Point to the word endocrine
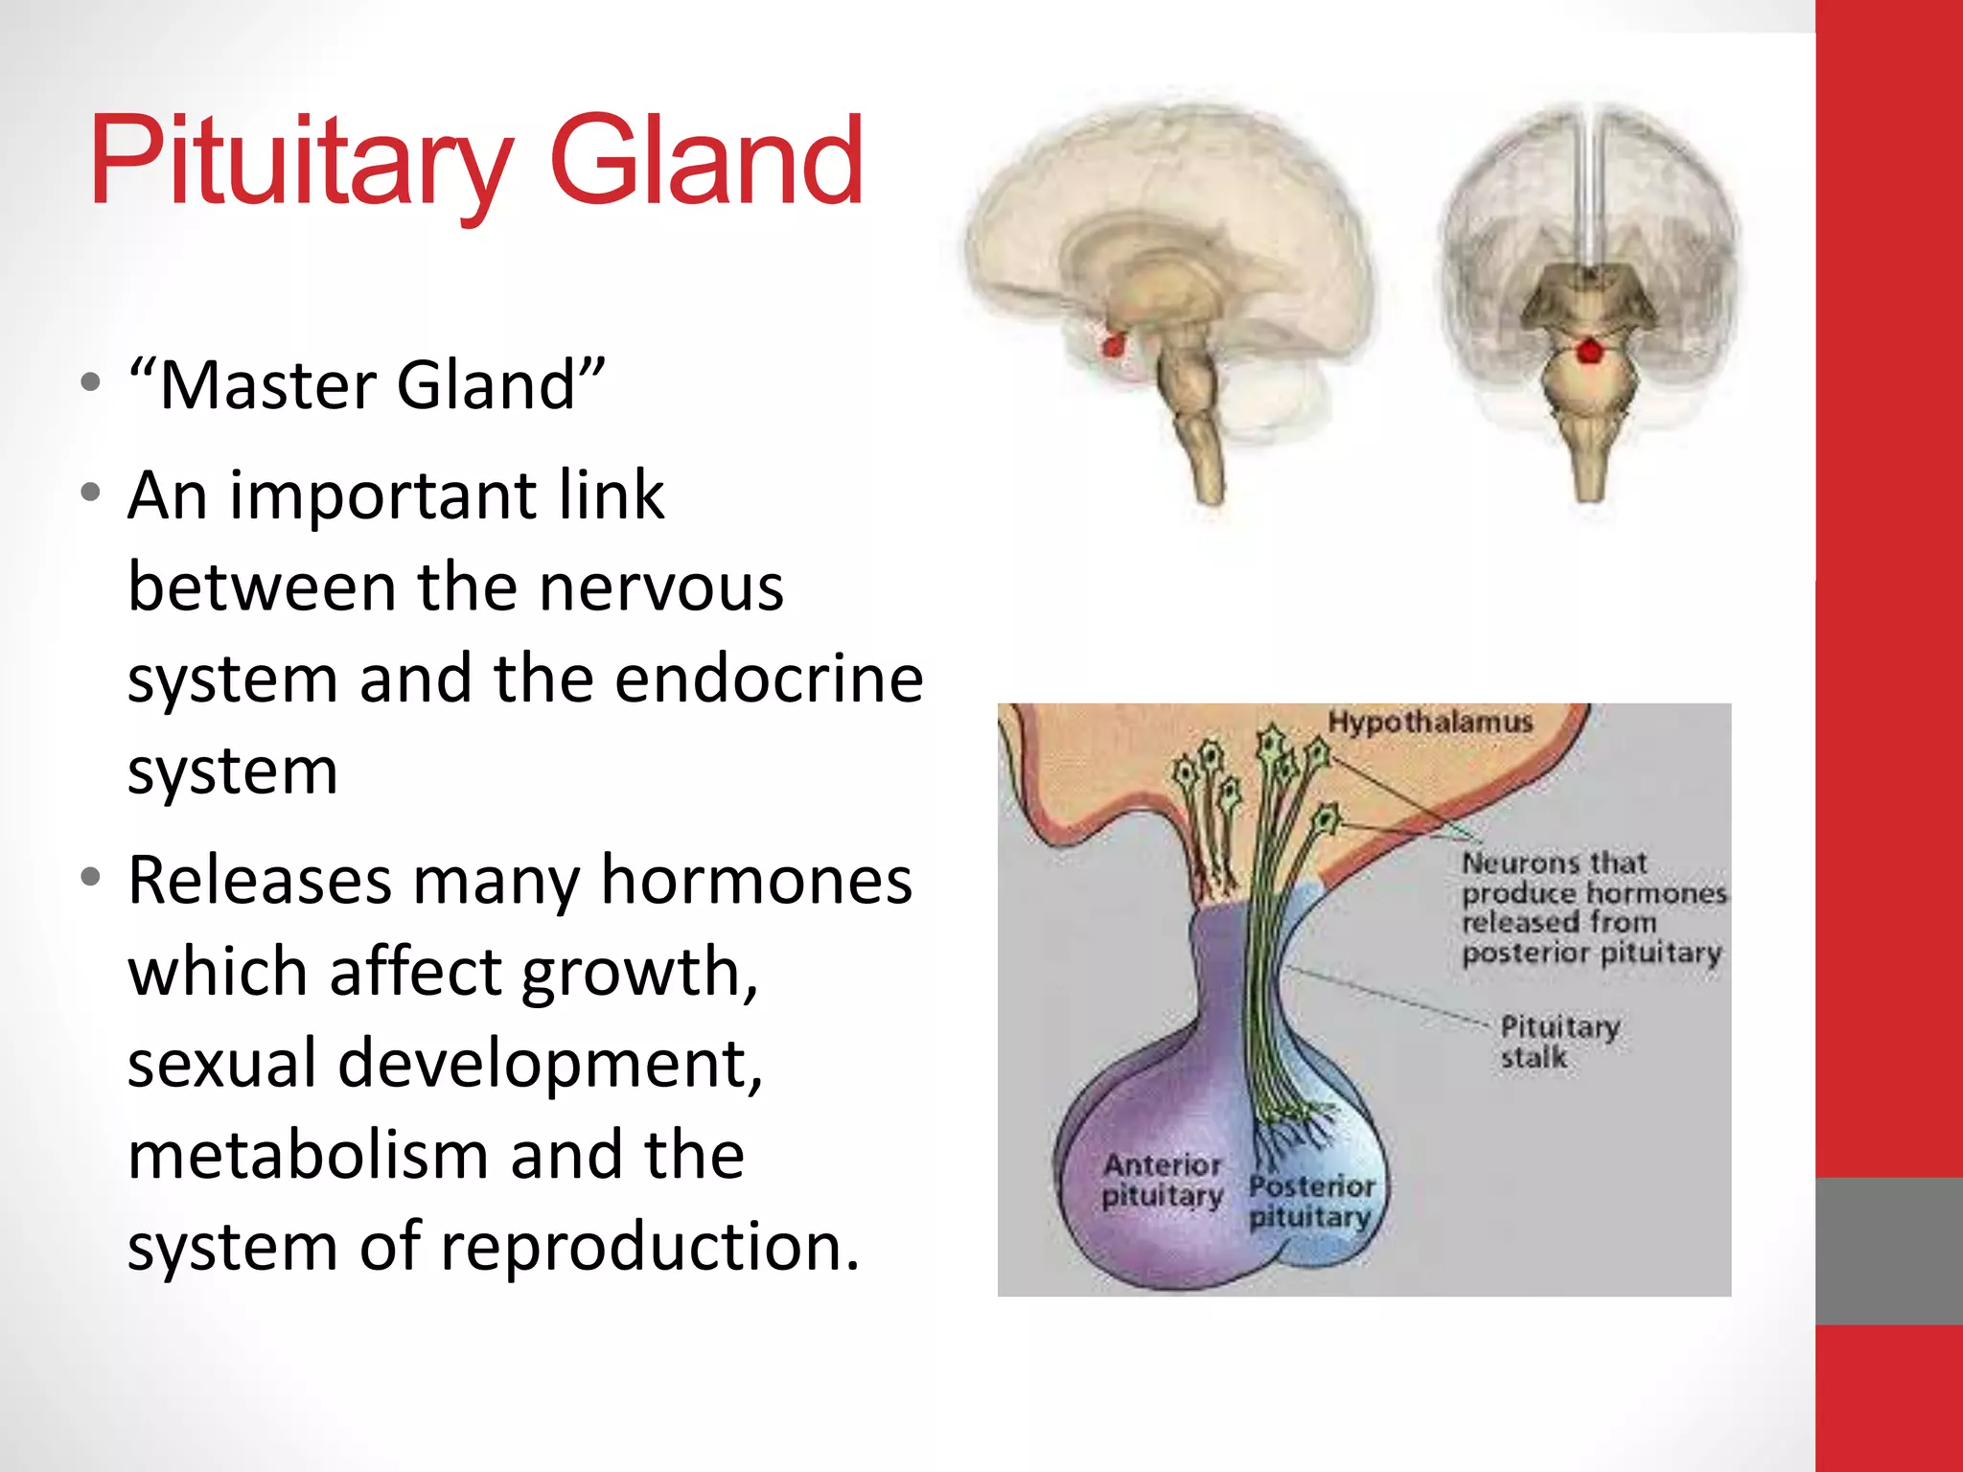coord(769,678)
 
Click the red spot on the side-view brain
coord(1113,343)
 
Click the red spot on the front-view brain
coord(1590,351)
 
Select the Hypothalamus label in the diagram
coord(1430,722)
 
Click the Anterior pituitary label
coord(1162,1181)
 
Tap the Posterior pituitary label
coord(1311,1202)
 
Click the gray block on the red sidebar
coord(1888,1251)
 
